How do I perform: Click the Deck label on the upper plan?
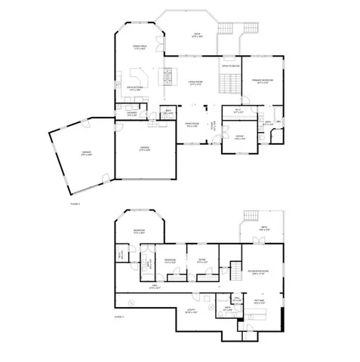tap(197, 35)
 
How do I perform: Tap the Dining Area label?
tap(139, 48)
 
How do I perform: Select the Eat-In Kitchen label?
tap(136, 89)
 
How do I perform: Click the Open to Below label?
tap(229, 66)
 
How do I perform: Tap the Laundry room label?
tap(131, 115)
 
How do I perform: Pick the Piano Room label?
tap(192, 125)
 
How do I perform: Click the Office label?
tap(238, 138)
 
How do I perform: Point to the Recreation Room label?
tap(260, 273)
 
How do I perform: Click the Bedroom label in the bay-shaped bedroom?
tap(139, 231)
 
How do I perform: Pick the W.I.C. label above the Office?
tap(237, 111)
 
